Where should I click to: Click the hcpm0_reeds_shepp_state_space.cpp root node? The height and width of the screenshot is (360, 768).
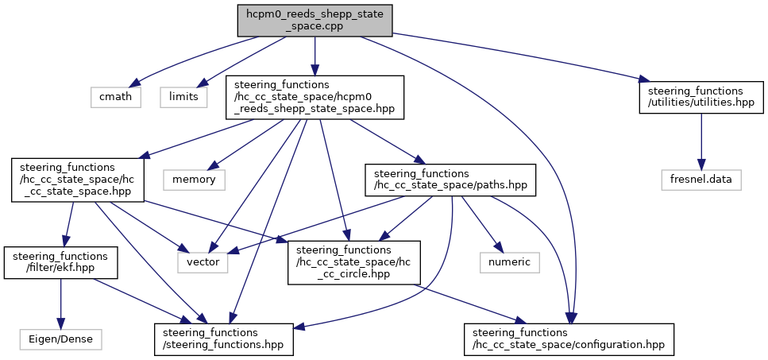point(315,21)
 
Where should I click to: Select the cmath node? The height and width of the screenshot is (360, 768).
point(116,96)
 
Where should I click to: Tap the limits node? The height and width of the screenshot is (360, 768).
point(183,96)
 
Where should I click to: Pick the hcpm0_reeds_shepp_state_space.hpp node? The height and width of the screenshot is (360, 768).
point(315,97)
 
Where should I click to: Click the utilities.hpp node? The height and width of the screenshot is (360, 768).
point(701,98)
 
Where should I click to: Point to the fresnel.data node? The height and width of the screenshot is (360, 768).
point(701,180)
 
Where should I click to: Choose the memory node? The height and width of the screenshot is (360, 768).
point(194,180)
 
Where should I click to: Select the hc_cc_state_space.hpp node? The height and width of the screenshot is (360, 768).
point(77,180)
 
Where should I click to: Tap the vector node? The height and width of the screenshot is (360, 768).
point(203,262)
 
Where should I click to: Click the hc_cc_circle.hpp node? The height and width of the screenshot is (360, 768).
point(354,262)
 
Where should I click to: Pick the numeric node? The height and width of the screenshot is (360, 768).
point(510,262)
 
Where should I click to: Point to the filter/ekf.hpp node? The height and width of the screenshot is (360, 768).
point(60,262)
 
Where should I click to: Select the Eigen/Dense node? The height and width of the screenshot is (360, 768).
point(60,339)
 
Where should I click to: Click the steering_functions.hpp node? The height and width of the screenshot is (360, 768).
point(224,339)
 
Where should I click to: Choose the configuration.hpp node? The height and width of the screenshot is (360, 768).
point(569,339)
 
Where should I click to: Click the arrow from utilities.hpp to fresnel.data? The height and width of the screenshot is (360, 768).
point(701,141)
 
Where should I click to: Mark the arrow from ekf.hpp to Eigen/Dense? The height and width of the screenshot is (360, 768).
point(60,304)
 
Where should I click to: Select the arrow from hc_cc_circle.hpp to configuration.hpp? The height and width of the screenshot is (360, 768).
point(469,304)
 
